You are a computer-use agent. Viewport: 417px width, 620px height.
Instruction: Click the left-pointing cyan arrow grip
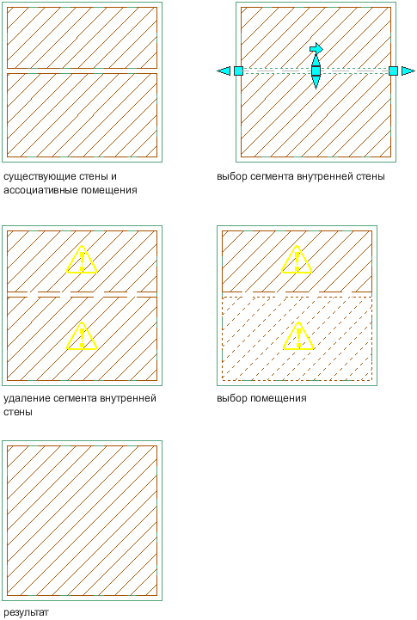(224, 71)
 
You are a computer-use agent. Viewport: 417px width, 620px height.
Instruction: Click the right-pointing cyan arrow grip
(408, 71)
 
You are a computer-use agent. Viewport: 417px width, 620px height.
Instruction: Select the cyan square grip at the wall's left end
(238, 71)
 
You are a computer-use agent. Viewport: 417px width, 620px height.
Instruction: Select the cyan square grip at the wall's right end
(393, 71)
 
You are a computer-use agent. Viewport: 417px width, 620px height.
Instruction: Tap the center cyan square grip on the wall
(316, 71)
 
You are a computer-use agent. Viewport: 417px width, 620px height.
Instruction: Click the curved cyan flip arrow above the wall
(316, 49)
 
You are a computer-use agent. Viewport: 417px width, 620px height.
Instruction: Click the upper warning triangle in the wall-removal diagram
(82, 260)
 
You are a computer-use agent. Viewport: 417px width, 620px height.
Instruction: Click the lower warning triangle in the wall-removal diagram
(82, 336)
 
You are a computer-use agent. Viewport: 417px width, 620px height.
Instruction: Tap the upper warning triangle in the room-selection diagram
(297, 260)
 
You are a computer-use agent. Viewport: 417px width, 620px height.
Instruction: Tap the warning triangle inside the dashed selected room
(298, 336)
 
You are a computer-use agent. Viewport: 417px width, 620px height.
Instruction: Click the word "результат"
(26, 612)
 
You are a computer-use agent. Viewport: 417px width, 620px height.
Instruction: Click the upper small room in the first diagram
(83, 38)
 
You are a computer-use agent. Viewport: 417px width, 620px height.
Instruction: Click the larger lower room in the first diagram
(83, 115)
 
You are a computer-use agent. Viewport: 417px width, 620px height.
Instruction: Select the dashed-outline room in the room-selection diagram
(297, 339)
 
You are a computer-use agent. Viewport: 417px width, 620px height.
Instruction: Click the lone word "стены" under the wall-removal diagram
(18, 412)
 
